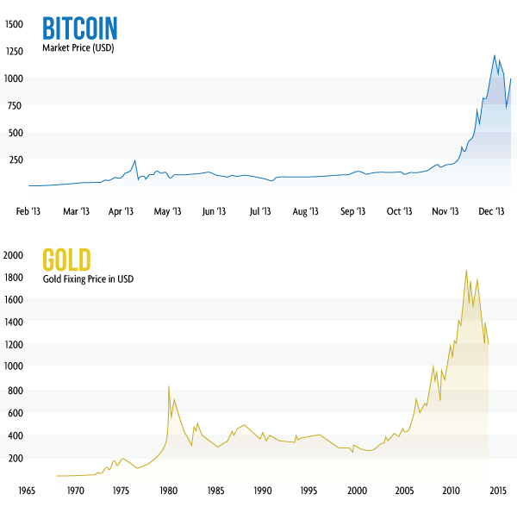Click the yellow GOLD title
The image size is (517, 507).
[67, 260]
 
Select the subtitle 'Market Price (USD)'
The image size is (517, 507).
[78, 48]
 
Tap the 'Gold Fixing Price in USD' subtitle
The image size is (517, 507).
[88, 279]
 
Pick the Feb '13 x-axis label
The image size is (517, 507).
[28, 210]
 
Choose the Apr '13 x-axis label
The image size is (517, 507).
[121, 210]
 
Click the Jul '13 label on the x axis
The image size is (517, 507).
[260, 210]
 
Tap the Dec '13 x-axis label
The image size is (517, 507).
[490, 210]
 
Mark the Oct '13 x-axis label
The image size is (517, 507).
[399, 210]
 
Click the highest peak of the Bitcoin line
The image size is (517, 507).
[495, 56]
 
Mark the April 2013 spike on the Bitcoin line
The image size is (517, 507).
[135, 160]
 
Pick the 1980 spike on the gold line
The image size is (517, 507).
[168, 386]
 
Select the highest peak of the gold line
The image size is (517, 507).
[466, 270]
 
